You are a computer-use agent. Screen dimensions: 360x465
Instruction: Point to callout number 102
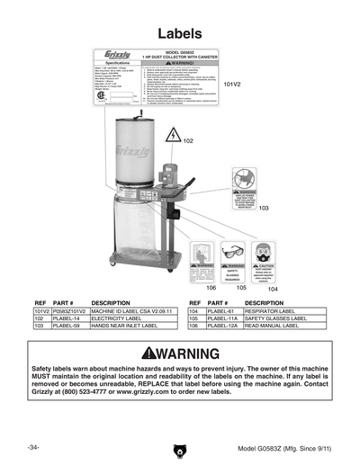pos(187,142)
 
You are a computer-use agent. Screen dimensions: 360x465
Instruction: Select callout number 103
pos(263,208)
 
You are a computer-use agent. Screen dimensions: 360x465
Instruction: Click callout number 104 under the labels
pos(272,288)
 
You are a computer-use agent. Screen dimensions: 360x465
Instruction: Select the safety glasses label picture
pos(232,261)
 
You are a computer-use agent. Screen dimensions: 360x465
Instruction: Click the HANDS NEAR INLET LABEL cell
pos(130,326)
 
